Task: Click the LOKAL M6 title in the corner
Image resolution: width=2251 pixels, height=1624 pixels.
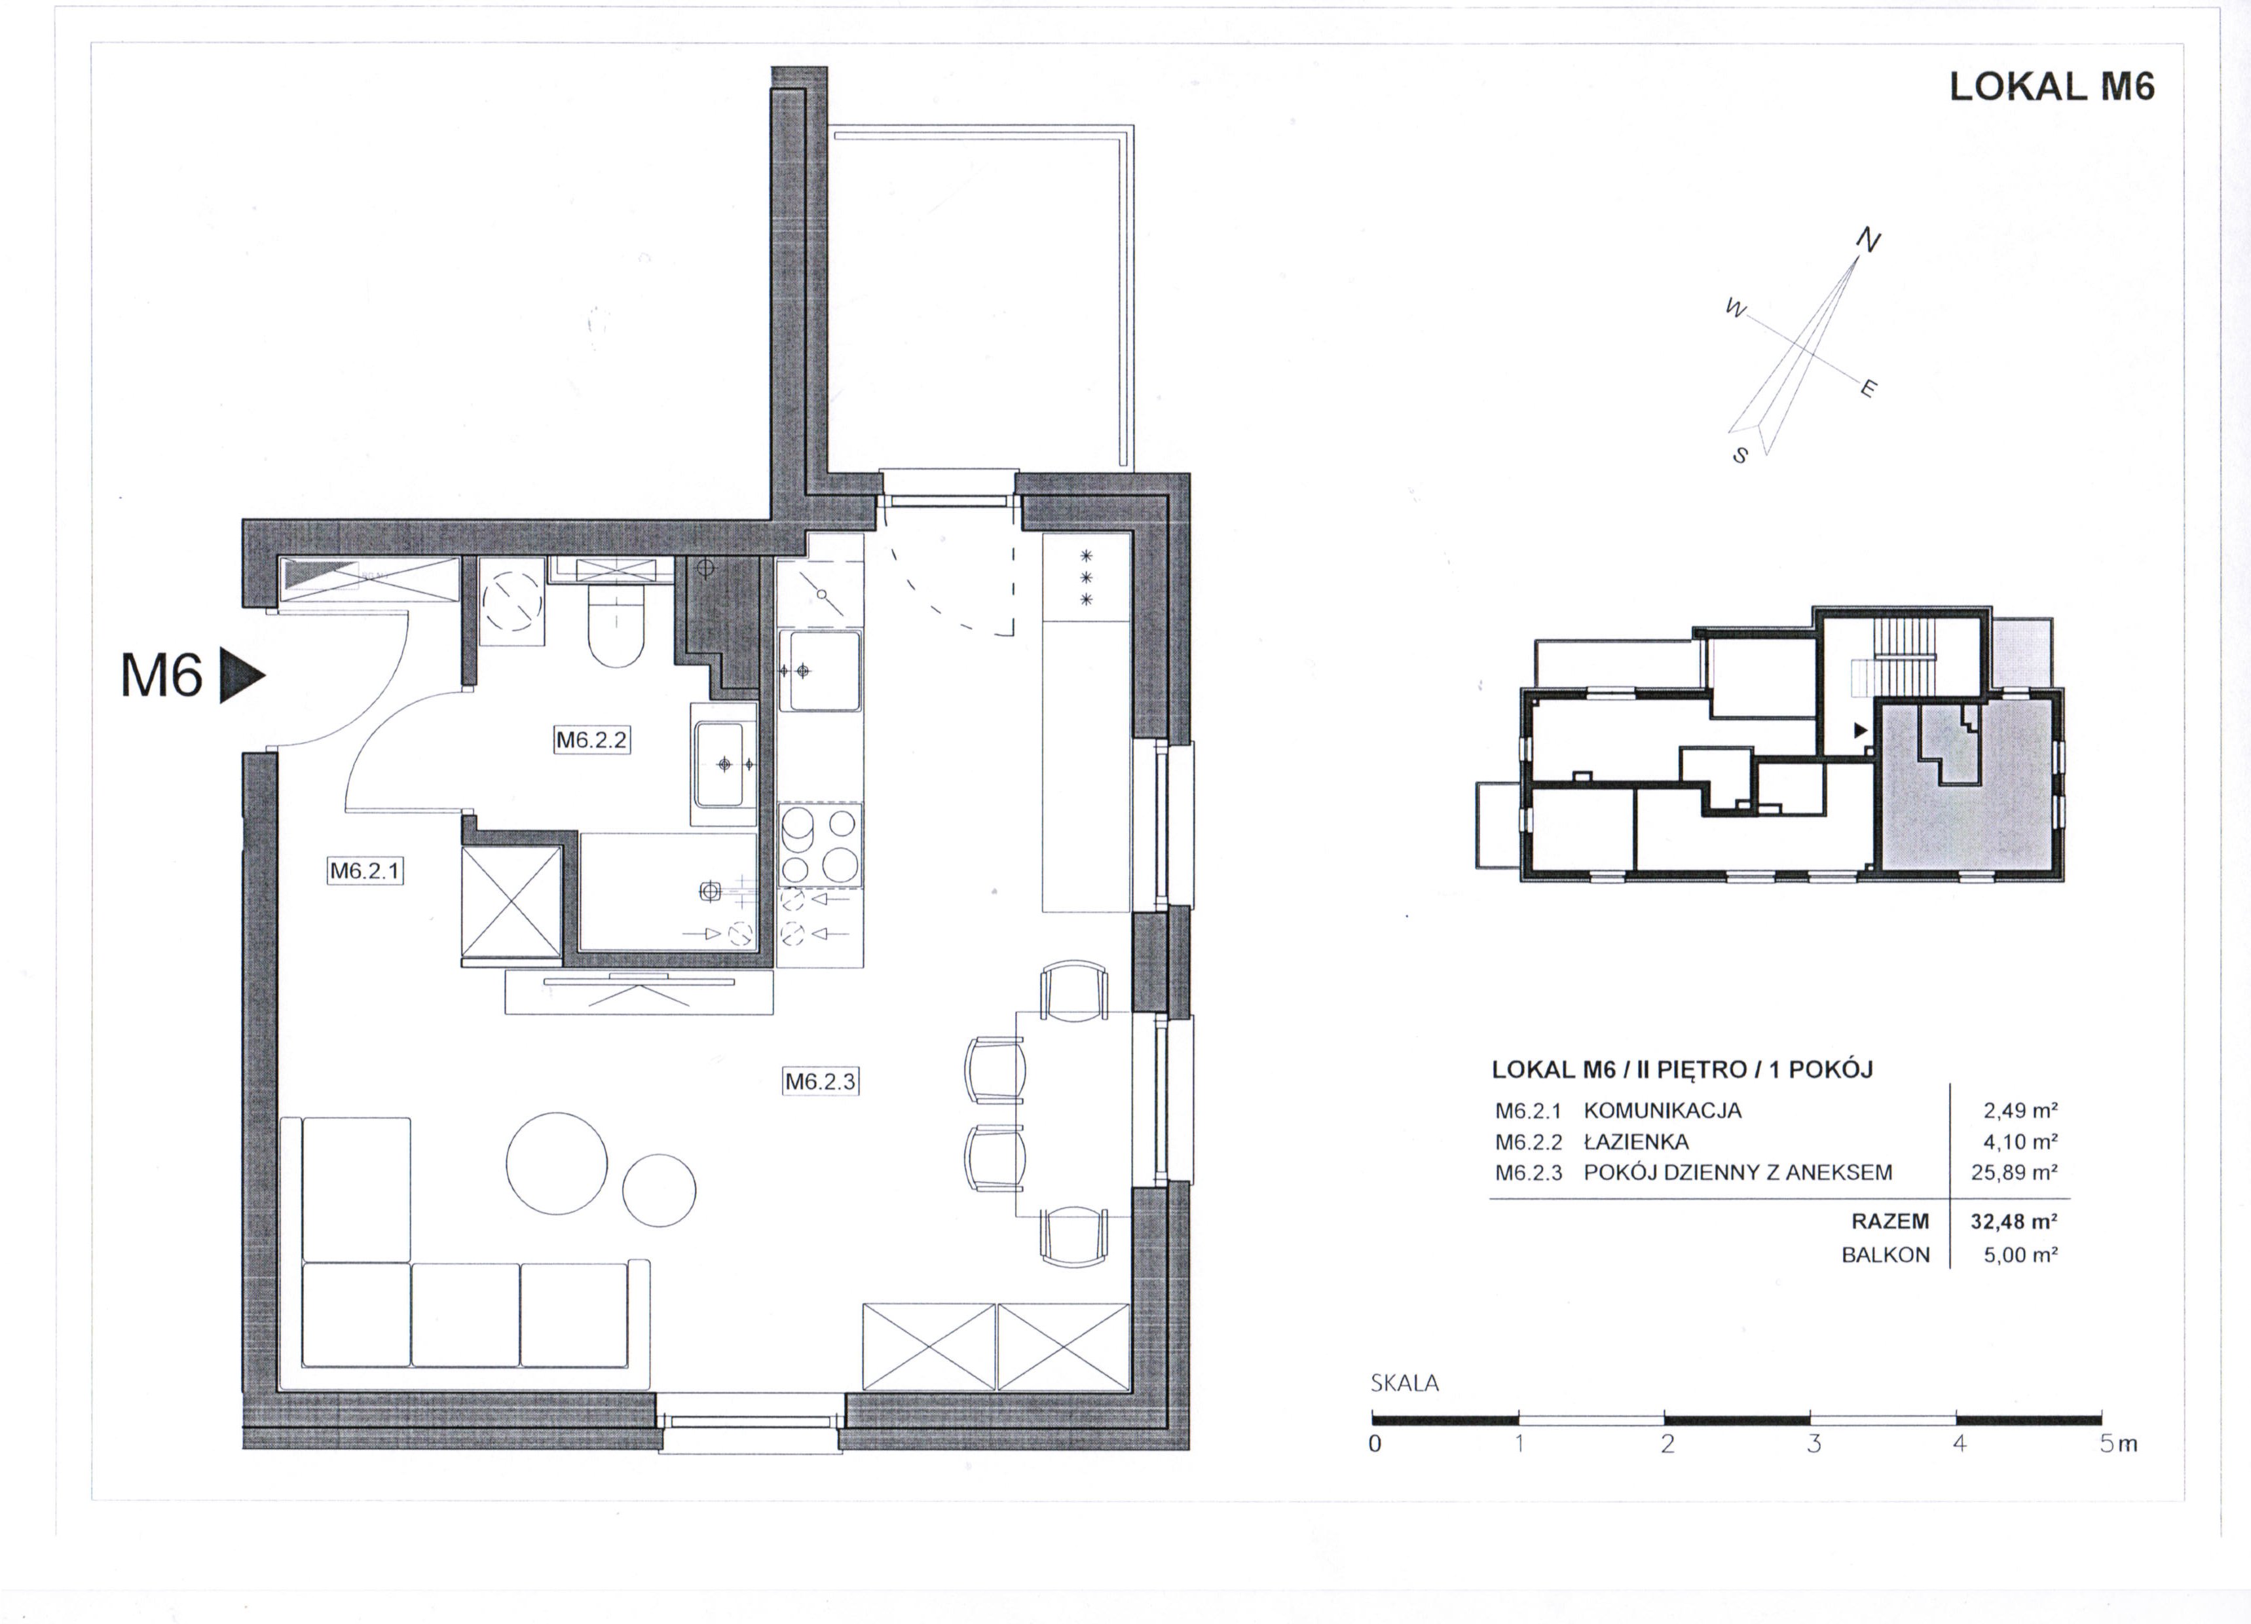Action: click(x=2051, y=87)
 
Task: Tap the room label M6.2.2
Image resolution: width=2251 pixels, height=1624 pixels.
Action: click(x=591, y=739)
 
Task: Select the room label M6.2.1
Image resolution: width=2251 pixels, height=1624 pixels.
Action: click(x=365, y=870)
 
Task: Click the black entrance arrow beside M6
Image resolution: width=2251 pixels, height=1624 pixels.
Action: click(x=240, y=676)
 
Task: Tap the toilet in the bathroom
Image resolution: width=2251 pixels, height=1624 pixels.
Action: click(x=616, y=625)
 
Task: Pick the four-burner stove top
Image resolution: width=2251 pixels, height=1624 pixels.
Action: click(x=820, y=845)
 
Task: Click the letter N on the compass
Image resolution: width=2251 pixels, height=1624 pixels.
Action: click(x=1867, y=240)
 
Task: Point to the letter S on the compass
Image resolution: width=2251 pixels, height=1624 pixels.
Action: click(x=1740, y=456)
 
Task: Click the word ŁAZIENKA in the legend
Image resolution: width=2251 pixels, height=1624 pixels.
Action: click(x=1635, y=1141)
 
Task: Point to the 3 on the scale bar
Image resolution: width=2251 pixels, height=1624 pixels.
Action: click(x=1814, y=1443)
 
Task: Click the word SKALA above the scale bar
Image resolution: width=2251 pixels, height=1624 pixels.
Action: click(x=1404, y=1383)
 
